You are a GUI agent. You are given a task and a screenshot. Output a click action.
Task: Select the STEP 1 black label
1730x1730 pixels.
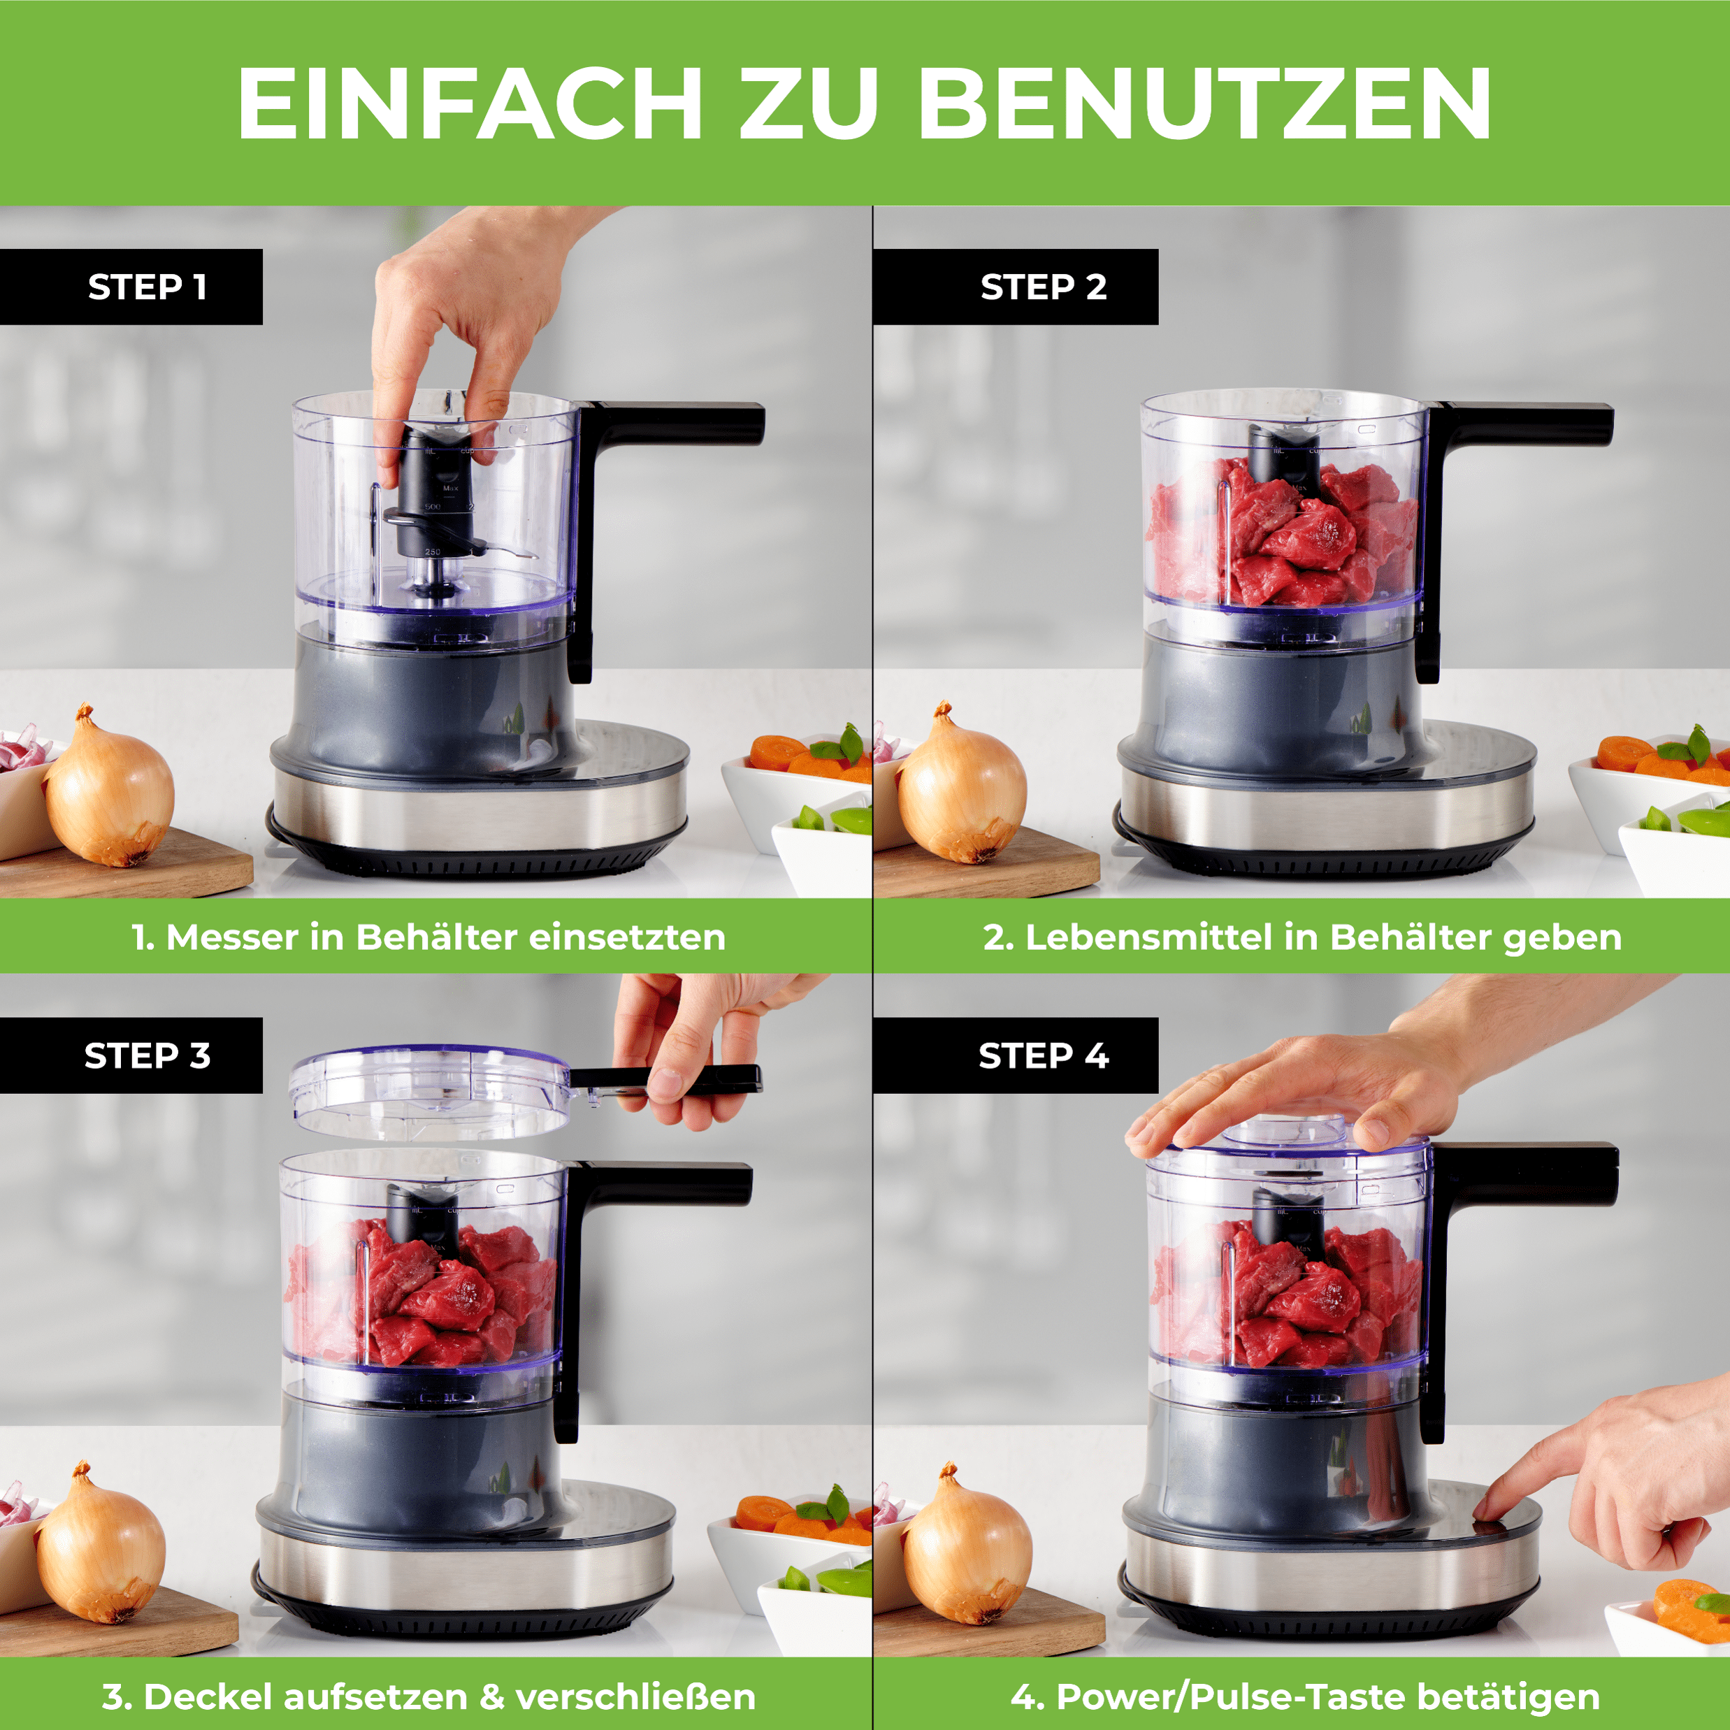131,287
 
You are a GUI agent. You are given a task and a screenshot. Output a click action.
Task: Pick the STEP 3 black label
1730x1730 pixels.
131,1055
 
